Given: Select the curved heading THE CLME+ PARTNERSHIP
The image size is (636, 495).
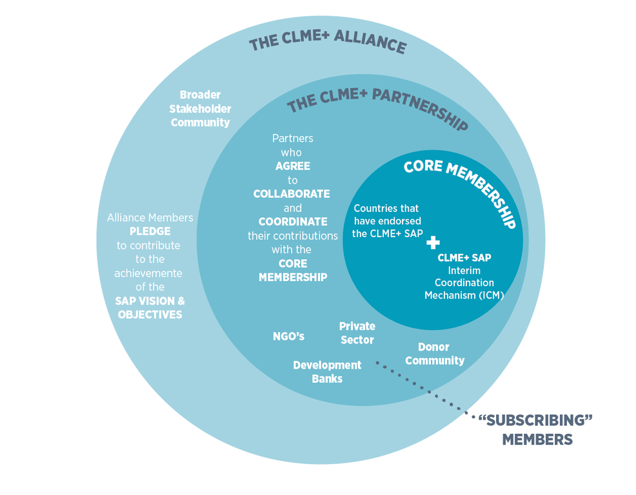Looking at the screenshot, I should click(x=377, y=107).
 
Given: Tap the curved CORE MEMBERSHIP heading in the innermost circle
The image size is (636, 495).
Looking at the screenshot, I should click(x=459, y=188).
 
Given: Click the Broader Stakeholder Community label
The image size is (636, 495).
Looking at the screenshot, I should click(x=200, y=108).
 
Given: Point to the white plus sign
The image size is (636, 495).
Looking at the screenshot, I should click(x=433, y=242).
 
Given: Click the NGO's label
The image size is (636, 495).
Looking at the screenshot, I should click(x=288, y=336).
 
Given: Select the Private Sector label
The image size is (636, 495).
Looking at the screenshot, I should click(x=357, y=333).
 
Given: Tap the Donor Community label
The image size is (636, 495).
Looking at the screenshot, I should click(x=434, y=354).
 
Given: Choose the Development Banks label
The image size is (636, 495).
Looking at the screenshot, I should click(x=327, y=371).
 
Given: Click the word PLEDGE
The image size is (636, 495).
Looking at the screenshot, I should click(x=149, y=231).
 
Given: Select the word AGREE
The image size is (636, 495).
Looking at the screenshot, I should click(x=292, y=166).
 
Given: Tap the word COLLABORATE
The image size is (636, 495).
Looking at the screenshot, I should click(x=292, y=193).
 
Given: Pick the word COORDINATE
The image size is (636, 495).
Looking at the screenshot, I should click(x=292, y=222).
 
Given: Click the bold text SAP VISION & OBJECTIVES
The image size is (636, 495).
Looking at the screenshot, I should click(x=150, y=307).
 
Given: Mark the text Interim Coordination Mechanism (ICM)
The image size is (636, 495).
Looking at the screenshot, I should click(x=464, y=282).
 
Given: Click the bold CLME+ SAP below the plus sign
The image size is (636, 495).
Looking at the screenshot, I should click(x=464, y=257).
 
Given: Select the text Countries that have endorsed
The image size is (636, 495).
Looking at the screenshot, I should click(x=386, y=215).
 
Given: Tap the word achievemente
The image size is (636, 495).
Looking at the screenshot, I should click(x=148, y=273).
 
